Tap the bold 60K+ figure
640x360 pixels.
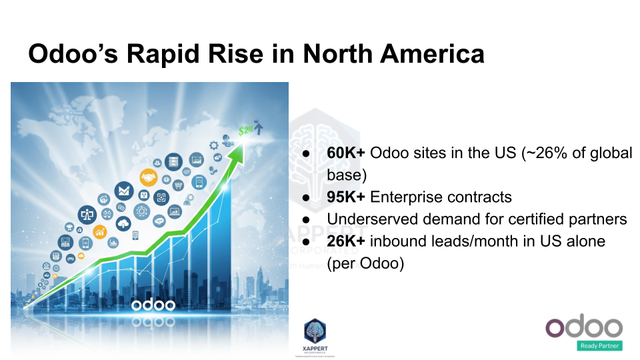coord(345,153)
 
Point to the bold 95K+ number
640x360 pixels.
coord(345,197)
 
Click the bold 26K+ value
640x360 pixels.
coord(345,241)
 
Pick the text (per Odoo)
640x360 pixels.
coord(365,263)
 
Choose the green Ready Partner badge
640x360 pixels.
coord(599,345)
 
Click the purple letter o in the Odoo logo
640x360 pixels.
coord(557,327)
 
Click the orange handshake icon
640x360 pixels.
coord(148,177)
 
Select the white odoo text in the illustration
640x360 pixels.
coord(153,305)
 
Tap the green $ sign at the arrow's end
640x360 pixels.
coord(243,131)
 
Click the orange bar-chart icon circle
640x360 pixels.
coord(101,231)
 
